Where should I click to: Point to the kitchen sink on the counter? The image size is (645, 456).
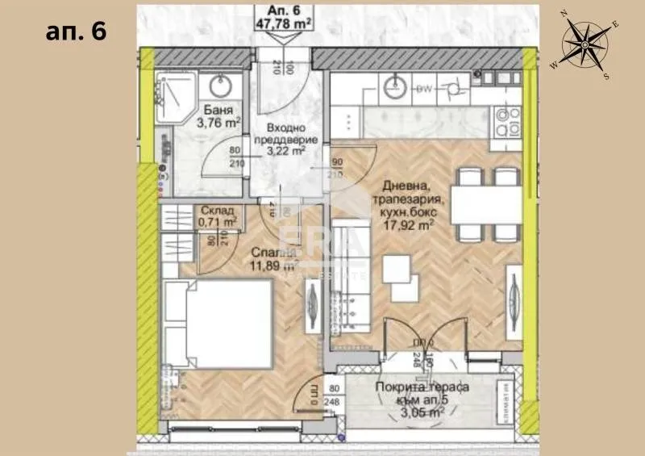point(394,84)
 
